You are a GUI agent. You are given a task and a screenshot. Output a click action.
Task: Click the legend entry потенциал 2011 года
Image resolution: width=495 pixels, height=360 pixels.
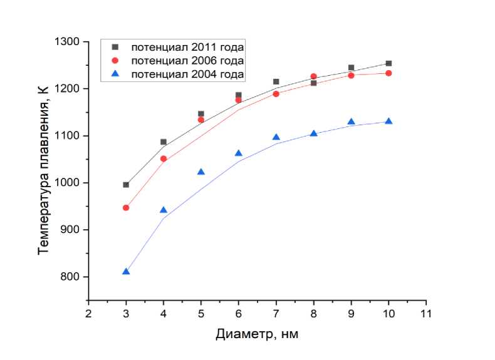(187, 47)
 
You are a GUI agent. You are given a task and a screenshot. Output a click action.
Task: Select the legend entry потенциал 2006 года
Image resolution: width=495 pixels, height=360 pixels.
(187, 61)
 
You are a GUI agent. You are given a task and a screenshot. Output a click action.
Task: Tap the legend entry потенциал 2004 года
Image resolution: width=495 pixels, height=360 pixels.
(187, 75)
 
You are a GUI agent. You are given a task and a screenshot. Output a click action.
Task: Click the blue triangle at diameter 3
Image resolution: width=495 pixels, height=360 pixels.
(126, 271)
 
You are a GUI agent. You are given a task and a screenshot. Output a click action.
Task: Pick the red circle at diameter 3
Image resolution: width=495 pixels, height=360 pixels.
(126, 208)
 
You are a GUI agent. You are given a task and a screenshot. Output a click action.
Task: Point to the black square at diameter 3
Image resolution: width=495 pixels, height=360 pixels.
(126, 185)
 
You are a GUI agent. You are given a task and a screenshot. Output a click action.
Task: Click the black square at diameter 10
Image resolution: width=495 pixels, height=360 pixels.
(388, 63)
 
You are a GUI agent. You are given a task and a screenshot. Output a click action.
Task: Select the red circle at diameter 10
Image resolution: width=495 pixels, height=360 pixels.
(388, 73)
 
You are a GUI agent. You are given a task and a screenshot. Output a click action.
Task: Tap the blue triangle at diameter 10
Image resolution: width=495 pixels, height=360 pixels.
(388, 121)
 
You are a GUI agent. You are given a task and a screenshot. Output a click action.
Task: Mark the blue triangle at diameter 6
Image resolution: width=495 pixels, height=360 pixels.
(239, 153)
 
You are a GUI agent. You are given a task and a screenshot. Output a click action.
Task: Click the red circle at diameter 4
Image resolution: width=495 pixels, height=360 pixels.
(164, 159)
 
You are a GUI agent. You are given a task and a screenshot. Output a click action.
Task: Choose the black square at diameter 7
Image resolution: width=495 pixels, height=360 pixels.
(276, 82)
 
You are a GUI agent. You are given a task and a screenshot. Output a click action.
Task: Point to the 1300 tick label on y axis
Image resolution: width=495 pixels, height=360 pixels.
(69, 42)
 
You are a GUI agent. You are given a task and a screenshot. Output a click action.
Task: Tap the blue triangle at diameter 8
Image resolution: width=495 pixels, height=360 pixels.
(314, 133)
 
